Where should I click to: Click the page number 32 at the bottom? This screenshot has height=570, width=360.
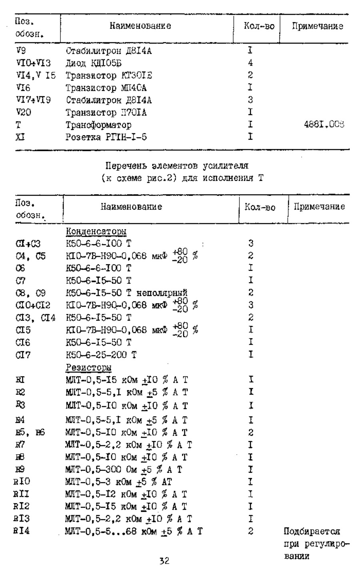(165, 561)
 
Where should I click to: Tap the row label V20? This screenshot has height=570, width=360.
(24, 112)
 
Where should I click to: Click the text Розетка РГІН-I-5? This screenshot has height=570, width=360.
(106, 137)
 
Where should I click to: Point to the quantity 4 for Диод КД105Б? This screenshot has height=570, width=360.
(250, 63)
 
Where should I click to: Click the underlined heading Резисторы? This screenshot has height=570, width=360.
(88, 367)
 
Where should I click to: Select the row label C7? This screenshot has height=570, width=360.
(20, 280)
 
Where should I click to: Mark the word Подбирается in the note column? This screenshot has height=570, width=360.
(312, 532)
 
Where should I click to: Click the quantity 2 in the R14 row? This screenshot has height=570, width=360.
(251, 531)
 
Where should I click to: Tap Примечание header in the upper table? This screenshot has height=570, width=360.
(317, 26)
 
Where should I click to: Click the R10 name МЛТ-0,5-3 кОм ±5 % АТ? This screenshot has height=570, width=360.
(118, 482)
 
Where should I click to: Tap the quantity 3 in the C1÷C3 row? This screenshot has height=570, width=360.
(251, 243)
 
